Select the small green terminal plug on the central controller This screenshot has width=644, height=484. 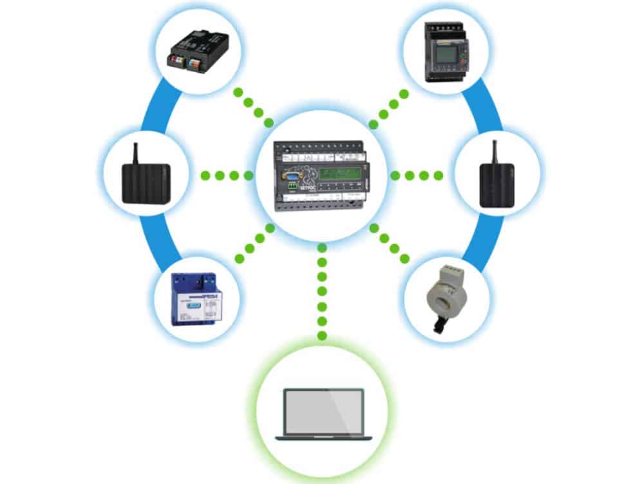pos(292,188)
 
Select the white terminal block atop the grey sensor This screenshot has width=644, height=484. pos(453,266)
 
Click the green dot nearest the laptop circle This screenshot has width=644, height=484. pos(322,336)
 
